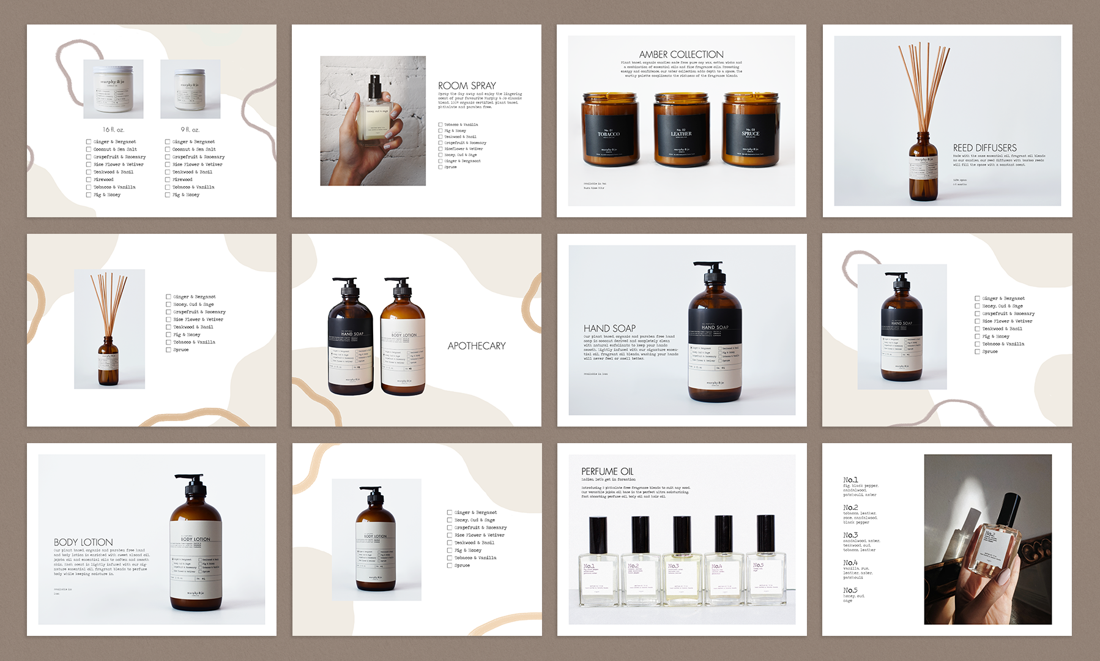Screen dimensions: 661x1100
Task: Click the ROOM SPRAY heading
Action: tap(467, 86)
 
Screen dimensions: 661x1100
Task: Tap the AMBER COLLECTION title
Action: tap(681, 54)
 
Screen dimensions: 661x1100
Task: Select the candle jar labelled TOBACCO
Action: tap(609, 130)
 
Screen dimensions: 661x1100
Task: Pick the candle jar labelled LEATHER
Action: tap(681, 130)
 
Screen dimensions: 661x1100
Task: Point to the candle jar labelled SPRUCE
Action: tap(751, 130)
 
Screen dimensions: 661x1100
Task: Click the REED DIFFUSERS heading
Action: tap(984, 148)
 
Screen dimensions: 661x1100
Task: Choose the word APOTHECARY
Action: tap(477, 346)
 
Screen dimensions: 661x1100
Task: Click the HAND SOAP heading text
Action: tap(609, 329)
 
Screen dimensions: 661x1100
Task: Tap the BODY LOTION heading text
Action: tap(83, 542)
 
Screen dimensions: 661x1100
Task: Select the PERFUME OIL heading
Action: tap(607, 471)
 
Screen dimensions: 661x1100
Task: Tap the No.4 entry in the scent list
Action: tap(850, 562)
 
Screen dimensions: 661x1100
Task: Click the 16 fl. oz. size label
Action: tap(113, 130)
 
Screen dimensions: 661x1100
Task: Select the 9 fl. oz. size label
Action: tap(190, 130)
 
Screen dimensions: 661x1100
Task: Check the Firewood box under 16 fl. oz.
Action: tap(89, 180)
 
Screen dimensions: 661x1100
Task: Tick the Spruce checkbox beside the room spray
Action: tap(440, 167)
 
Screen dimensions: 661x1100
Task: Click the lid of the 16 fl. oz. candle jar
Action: tap(113, 69)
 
